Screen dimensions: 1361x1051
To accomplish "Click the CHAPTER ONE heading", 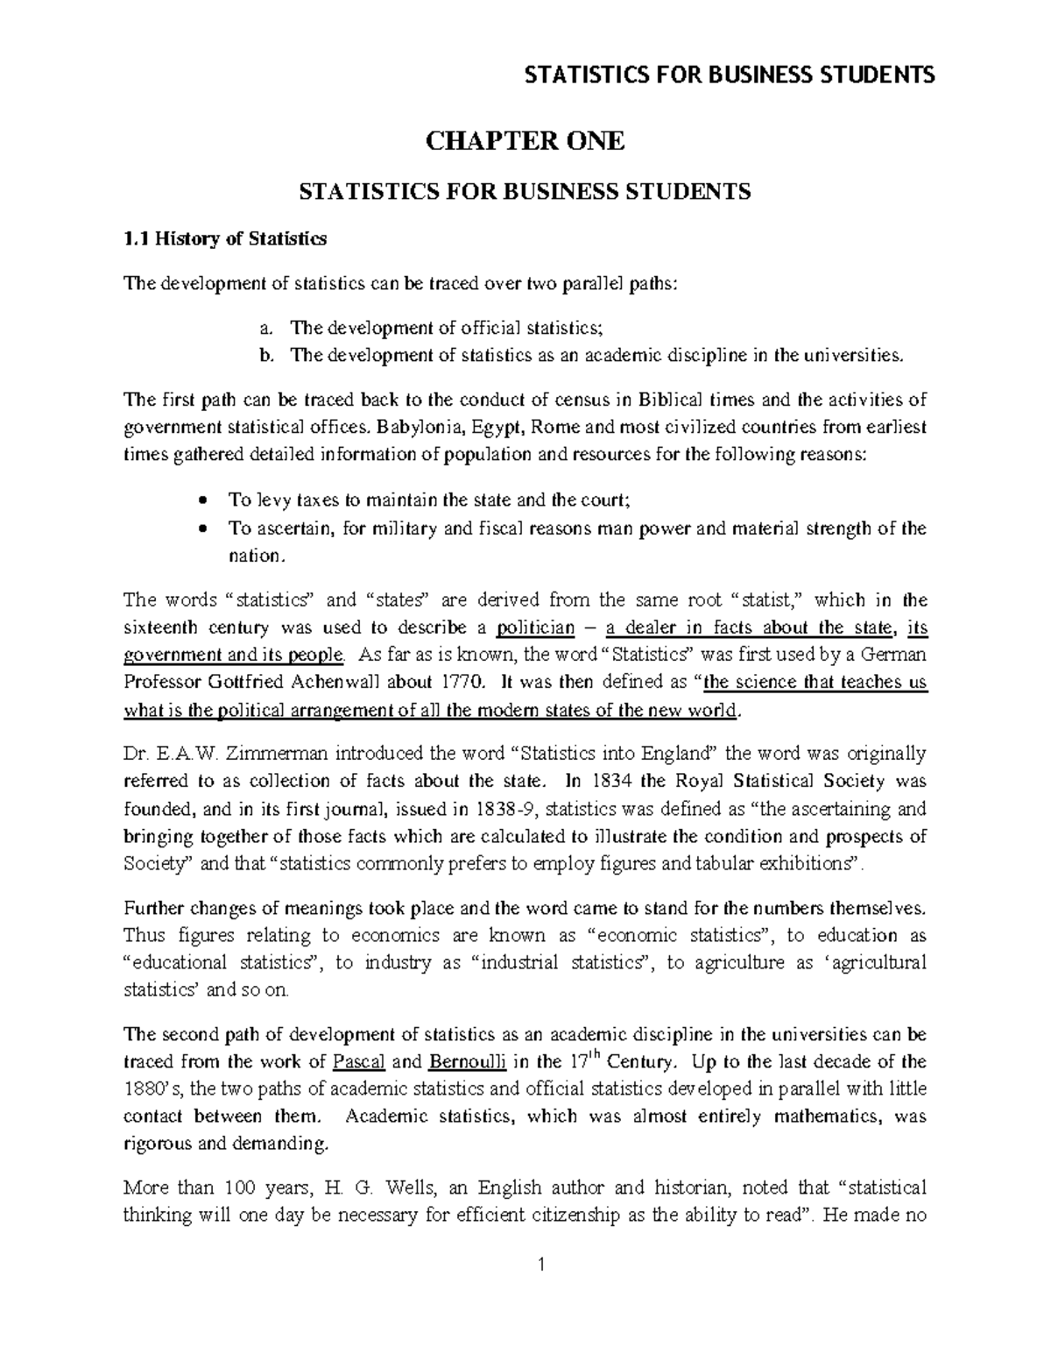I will [525, 141].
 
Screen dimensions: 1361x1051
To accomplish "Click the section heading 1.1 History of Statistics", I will [225, 238].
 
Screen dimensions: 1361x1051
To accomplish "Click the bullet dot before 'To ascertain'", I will [203, 528].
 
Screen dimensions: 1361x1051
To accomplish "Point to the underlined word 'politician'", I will [535, 627].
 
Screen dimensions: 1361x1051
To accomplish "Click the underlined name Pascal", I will [360, 1061].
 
